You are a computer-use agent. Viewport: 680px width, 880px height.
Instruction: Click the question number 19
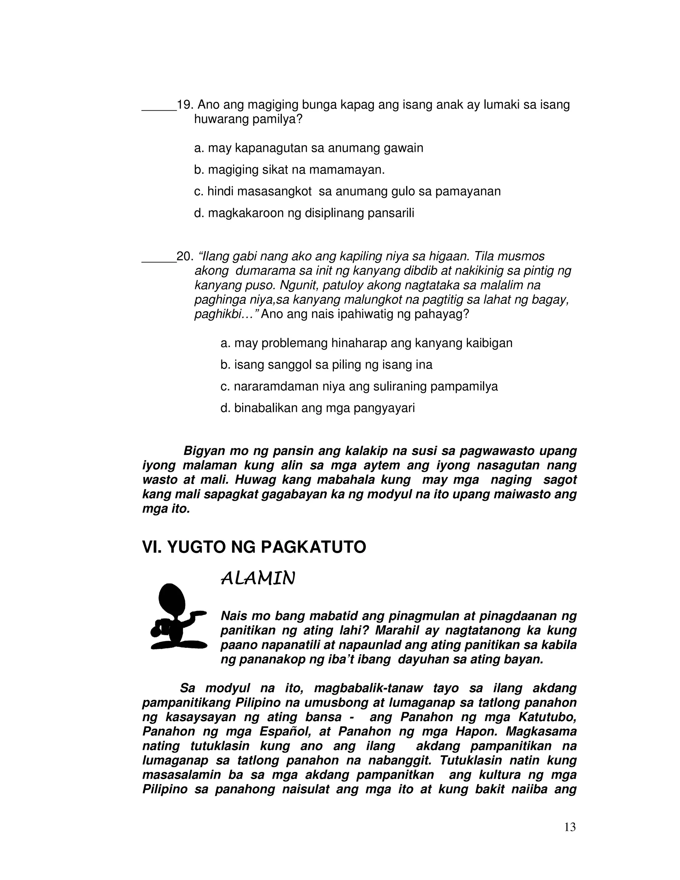(185, 105)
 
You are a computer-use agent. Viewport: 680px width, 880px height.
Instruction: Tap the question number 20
(185, 257)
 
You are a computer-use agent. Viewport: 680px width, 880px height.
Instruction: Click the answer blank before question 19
(159, 109)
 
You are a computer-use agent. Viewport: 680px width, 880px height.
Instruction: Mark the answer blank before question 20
(159, 260)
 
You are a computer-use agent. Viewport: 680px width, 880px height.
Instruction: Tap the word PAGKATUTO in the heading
(313, 548)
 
